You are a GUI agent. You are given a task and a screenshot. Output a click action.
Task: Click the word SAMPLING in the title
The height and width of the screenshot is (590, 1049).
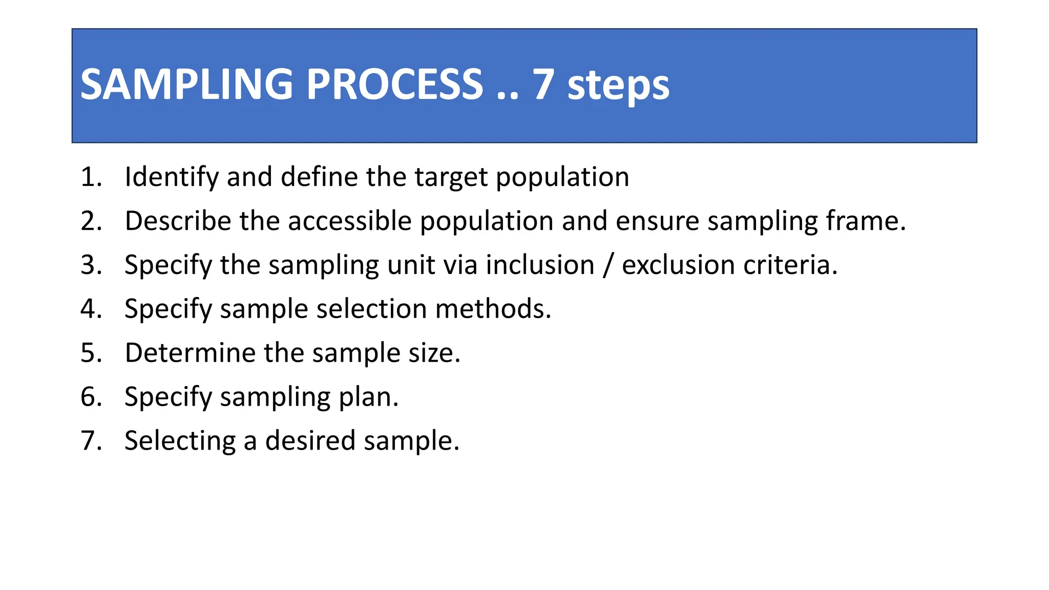coord(186,85)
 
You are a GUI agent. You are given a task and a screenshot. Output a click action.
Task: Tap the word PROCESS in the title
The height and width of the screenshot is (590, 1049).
coord(395,85)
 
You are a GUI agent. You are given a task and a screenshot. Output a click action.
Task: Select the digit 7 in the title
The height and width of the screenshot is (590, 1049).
coord(543,85)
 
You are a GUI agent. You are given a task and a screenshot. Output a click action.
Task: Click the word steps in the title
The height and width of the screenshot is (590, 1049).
coord(618,86)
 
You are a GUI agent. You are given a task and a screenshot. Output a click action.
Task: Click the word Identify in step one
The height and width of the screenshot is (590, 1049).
coord(172,177)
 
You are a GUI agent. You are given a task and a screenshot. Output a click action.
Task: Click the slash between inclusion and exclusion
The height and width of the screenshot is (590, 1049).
coord(607,265)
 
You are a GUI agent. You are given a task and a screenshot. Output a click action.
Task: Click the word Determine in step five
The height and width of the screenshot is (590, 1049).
coord(190,353)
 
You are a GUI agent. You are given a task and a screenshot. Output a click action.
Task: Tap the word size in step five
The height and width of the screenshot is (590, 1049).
coord(433,353)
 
